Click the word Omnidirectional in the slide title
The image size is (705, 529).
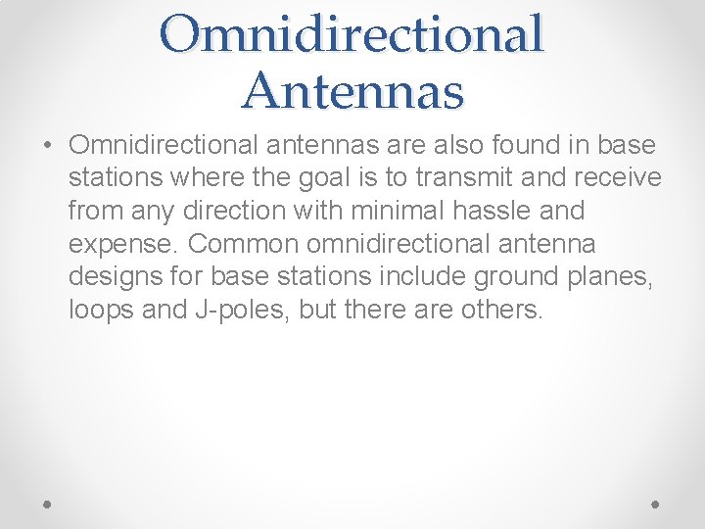pyautogui.click(x=352, y=34)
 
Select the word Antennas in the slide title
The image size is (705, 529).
pyautogui.click(x=352, y=90)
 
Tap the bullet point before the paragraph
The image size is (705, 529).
pyautogui.click(x=48, y=147)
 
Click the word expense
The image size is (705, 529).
pyautogui.click(x=122, y=244)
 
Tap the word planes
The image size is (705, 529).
pyautogui.click(x=613, y=276)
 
